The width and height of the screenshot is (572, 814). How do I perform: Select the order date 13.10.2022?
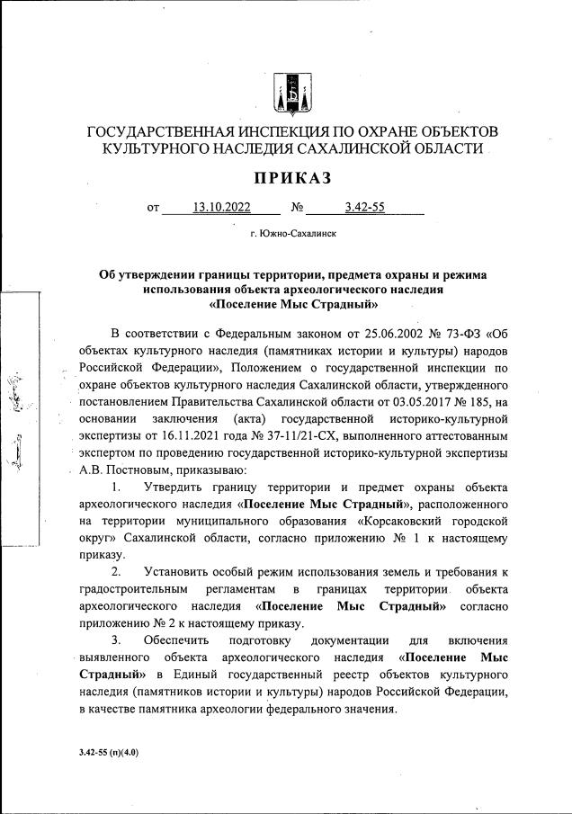tap(221, 209)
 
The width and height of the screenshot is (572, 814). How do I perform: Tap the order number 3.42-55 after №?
tap(364, 209)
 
